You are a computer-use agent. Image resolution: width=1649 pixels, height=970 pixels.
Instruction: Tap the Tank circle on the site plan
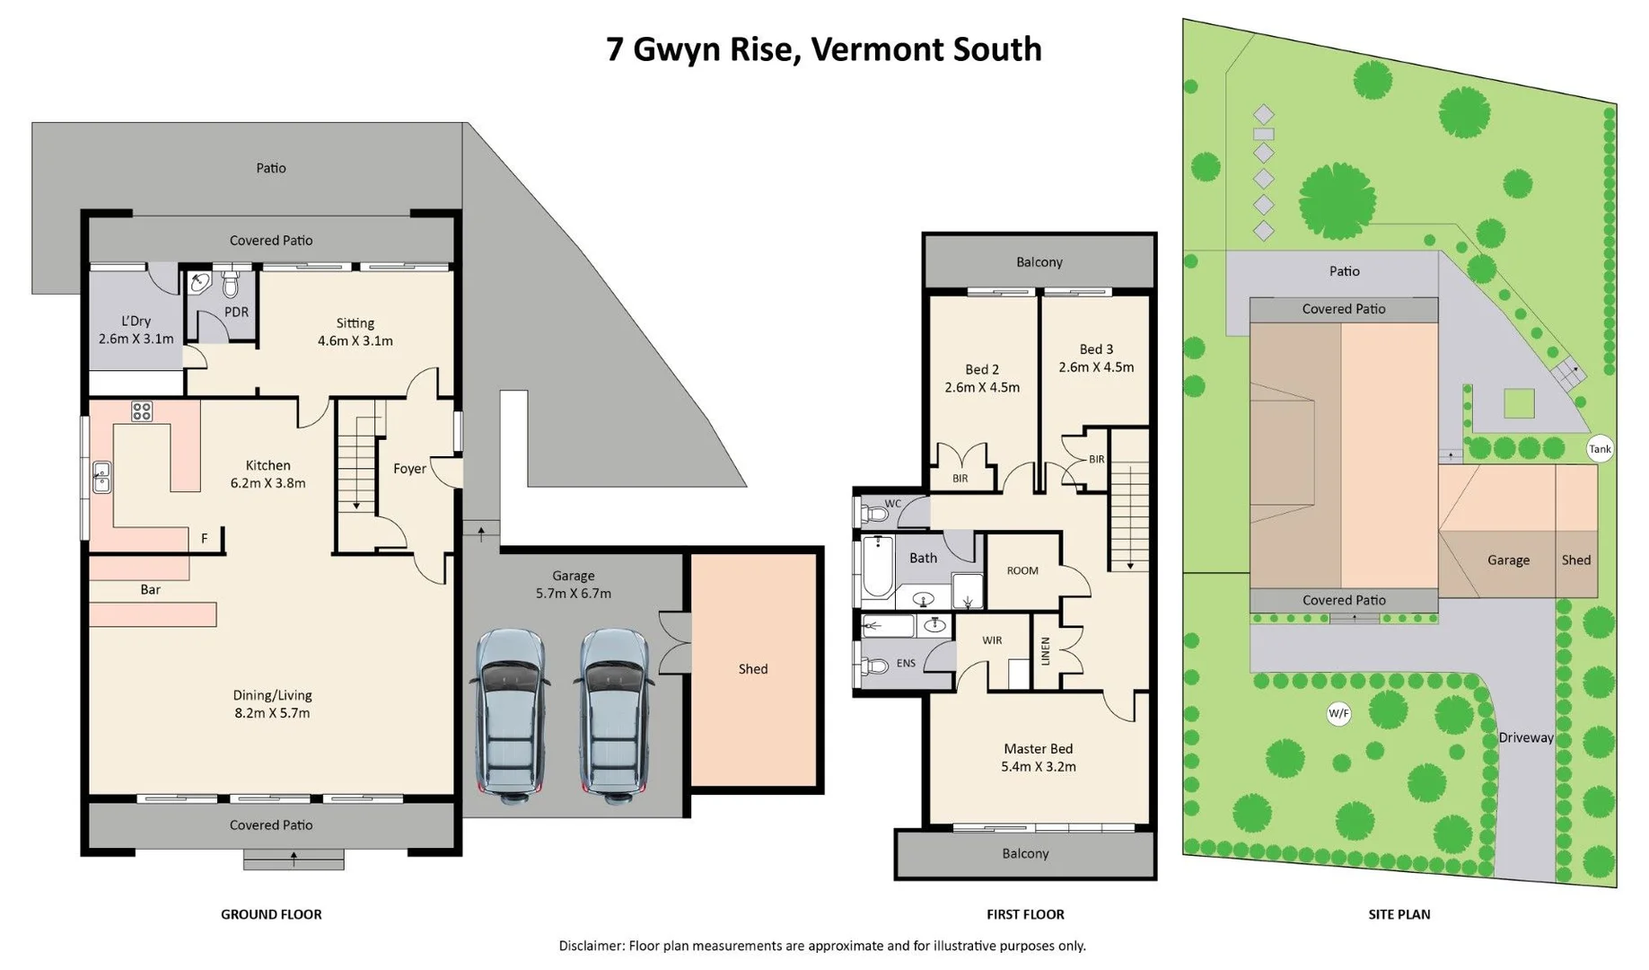[x=1600, y=449]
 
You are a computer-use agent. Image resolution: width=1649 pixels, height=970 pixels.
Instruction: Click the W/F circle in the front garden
[x=1338, y=714]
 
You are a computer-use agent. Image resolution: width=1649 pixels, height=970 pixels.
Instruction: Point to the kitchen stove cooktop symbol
[x=142, y=411]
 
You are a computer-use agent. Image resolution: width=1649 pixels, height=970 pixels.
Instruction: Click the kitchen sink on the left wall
[x=101, y=478]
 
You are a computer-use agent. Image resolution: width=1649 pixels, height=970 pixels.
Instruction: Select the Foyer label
[x=409, y=469]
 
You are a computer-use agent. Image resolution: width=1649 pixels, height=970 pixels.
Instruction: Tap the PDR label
[x=236, y=313]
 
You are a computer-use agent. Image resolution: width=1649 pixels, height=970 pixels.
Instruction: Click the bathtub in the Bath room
[x=876, y=568]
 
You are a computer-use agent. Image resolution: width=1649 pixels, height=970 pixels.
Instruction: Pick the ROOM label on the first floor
[x=1022, y=571]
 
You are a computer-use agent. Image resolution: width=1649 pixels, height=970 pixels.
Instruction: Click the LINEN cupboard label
[x=1045, y=650]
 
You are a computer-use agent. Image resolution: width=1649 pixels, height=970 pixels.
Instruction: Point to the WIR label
[x=992, y=640]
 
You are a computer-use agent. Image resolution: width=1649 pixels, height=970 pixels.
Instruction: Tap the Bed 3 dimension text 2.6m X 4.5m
[x=1096, y=367]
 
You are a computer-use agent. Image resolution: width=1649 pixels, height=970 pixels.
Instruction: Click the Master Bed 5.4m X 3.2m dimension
[x=1039, y=767]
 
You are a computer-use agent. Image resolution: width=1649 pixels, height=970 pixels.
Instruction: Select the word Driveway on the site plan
[x=1526, y=737]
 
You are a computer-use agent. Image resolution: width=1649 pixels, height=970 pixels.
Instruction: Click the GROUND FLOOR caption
[x=271, y=914]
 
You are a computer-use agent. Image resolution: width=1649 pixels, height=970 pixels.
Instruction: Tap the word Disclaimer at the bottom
[x=591, y=946]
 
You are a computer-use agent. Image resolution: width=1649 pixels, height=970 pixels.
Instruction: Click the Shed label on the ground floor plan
[x=753, y=669]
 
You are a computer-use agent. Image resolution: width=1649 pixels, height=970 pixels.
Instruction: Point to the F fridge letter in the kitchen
[x=205, y=539]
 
